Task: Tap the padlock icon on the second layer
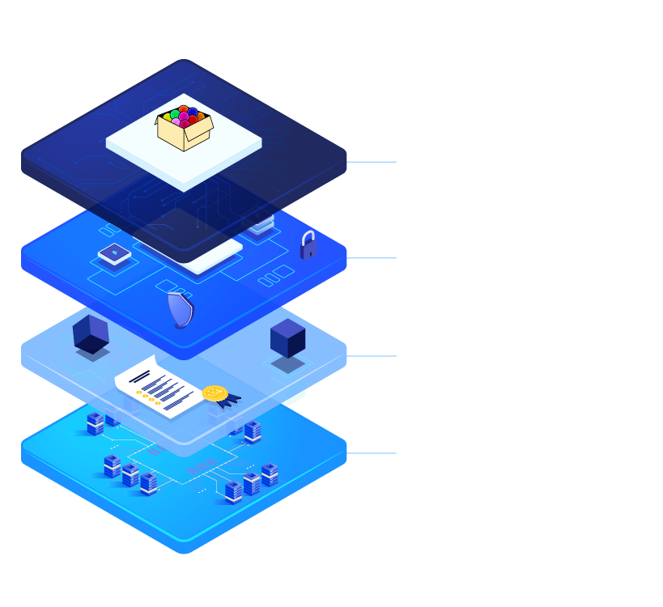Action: point(308,245)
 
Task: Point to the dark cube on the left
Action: point(90,333)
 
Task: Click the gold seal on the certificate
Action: point(215,394)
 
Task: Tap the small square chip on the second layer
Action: point(113,253)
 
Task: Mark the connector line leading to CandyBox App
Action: point(372,161)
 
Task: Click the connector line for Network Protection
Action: point(372,452)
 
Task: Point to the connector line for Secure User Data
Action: point(372,258)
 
